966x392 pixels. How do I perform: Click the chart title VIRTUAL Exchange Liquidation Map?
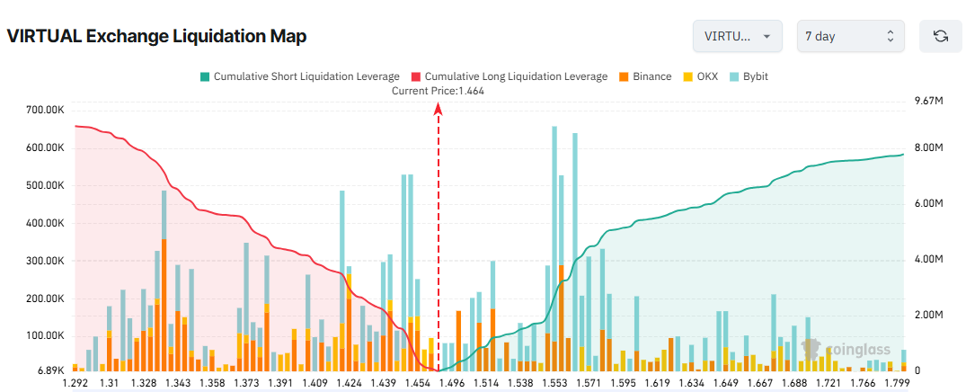click(x=156, y=37)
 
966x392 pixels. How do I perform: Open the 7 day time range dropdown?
click(x=850, y=36)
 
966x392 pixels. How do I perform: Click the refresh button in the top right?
click(x=941, y=36)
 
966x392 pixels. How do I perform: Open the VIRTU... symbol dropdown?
click(x=737, y=36)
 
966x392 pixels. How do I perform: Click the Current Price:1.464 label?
click(x=439, y=91)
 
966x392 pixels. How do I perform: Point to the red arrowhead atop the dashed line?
click(x=439, y=109)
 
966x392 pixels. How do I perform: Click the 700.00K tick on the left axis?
click(x=46, y=110)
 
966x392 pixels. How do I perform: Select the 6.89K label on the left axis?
click(x=50, y=370)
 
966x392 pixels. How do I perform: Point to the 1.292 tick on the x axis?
click(x=75, y=383)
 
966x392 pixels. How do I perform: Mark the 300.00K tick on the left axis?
click(x=46, y=261)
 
